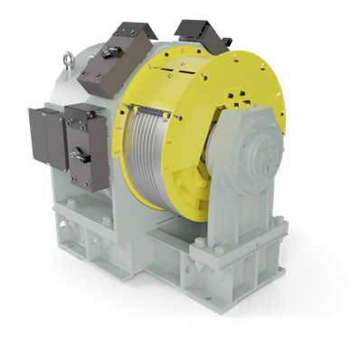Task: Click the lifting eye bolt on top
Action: pos(69,61)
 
